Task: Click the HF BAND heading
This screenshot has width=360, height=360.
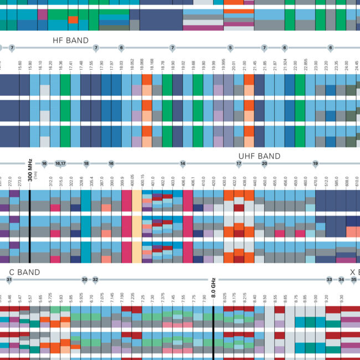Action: [x=70, y=40]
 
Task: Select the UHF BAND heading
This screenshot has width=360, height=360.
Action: [x=259, y=156]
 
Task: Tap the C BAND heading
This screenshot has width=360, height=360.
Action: [x=25, y=272]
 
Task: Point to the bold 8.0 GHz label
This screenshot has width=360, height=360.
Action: [x=213, y=287]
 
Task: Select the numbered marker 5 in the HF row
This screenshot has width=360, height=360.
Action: [x=230, y=48]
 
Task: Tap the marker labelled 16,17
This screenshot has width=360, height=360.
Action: [x=60, y=163]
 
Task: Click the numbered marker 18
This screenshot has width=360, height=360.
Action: [x=86, y=163]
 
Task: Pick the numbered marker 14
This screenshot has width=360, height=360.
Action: [x=182, y=163]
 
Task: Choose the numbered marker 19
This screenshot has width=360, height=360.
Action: [x=315, y=163]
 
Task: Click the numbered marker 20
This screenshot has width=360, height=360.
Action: [x=264, y=163]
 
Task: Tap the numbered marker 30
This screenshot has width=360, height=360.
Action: [x=84, y=280]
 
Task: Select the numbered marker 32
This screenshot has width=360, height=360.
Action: [x=95, y=280]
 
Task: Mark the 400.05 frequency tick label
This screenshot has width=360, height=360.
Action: [x=132, y=181]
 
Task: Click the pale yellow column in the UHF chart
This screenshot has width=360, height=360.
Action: [x=137, y=222]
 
